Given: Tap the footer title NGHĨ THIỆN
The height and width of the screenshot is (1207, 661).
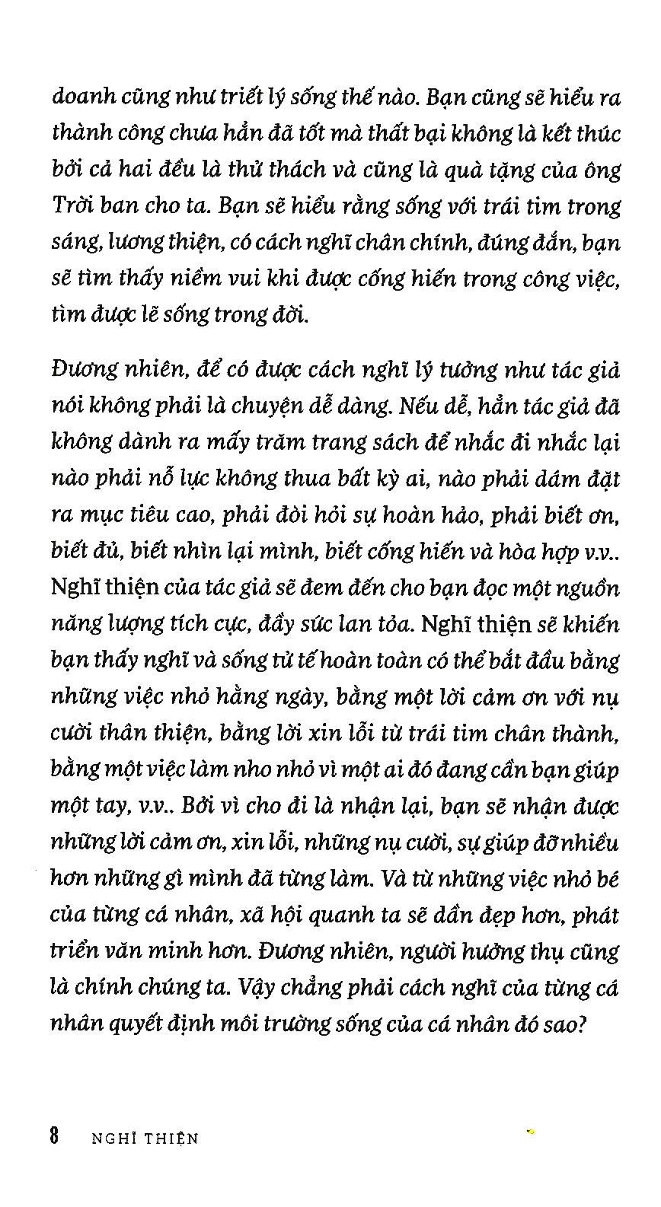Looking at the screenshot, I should [144, 1139].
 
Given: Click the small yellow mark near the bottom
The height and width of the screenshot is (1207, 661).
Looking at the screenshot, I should [531, 1132].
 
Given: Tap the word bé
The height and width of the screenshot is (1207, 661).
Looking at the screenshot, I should [605, 879].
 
